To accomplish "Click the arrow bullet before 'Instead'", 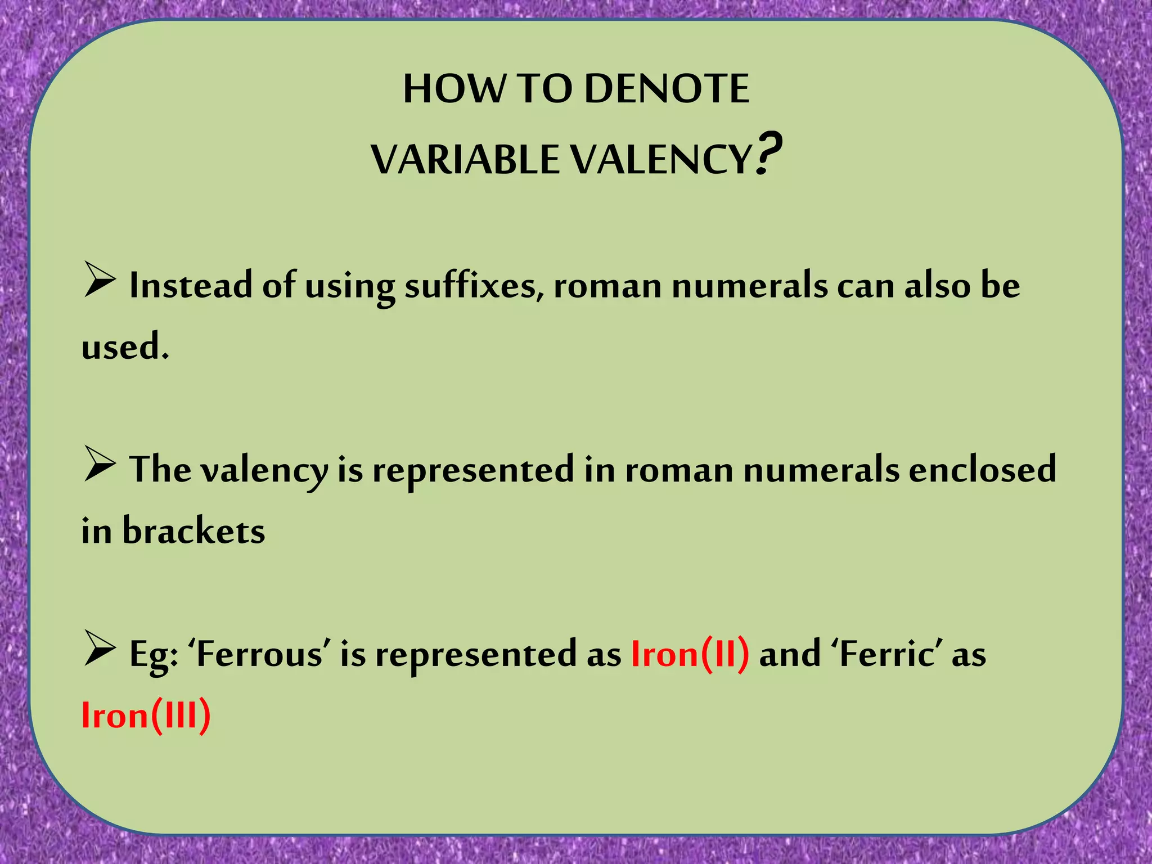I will [x=100, y=280].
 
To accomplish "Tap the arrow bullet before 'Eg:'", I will [x=100, y=649].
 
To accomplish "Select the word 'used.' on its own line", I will [x=125, y=346].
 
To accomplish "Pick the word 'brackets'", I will [x=193, y=531].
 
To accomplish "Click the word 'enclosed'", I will [x=982, y=470].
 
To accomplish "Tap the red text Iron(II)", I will [x=690, y=654].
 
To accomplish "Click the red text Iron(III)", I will [x=146, y=715].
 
